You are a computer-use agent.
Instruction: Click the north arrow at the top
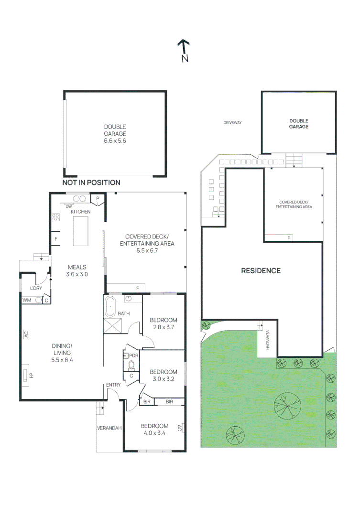point(184,50)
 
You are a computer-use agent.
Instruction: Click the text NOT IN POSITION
point(91,183)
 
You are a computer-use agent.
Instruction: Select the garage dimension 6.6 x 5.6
point(115,141)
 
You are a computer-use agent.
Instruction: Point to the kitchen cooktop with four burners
point(55,217)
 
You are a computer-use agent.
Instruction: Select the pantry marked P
point(98,199)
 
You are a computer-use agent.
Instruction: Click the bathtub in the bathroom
point(111,306)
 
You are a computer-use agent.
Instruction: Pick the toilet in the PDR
point(132,365)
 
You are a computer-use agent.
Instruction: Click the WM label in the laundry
point(27,300)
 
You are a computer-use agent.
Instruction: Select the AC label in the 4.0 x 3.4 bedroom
point(180,428)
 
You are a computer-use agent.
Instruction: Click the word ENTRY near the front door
point(113,385)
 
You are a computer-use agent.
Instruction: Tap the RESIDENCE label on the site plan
point(261,270)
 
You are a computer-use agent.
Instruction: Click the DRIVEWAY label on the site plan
point(232,123)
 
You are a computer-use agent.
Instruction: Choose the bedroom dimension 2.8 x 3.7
point(164,327)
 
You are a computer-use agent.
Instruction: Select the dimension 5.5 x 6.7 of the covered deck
point(147,250)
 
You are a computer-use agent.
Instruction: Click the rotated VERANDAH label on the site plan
point(268,340)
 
